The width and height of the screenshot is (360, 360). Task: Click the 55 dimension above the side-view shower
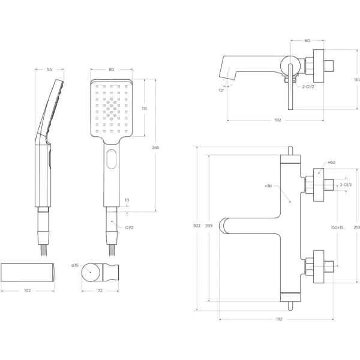[x=49, y=70]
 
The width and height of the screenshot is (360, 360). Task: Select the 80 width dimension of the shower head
[x=112, y=70]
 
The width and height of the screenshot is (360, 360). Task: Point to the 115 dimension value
[x=144, y=108]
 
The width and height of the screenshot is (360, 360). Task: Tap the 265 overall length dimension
[x=155, y=148]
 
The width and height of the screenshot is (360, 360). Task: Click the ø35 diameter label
[x=75, y=265]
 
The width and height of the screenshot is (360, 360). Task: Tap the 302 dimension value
[x=196, y=226]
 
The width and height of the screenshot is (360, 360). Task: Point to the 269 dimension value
[x=208, y=226]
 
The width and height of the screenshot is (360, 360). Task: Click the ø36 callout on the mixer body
[x=268, y=186]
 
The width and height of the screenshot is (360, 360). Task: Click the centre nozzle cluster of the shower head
[x=112, y=108]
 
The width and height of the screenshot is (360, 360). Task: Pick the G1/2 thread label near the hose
[x=128, y=227]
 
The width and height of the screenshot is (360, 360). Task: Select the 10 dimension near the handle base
[x=127, y=200]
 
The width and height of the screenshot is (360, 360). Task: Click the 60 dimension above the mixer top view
[x=307, y=41]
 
